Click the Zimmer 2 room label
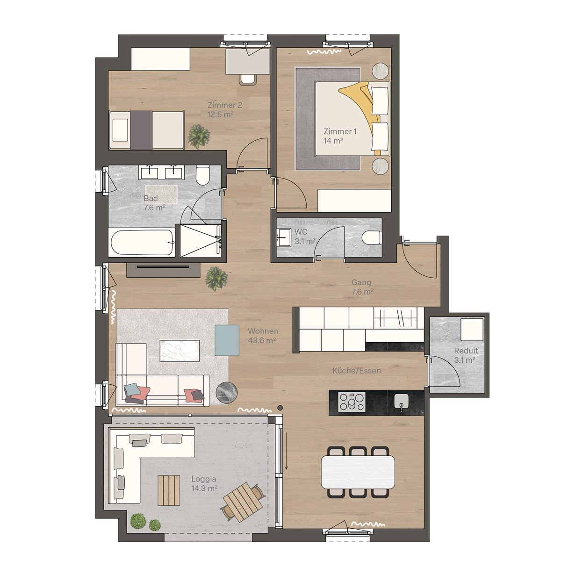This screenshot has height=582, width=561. coord(225,105)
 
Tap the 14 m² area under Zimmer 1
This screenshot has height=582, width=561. coord(333,141)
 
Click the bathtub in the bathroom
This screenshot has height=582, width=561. coord(142,242)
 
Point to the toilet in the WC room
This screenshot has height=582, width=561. coord(372,238)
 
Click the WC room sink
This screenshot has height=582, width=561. coord(283,237)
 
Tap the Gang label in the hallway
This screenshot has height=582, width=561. coord(361,282)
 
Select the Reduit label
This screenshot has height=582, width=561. coord(466,351)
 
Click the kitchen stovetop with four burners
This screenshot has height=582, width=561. coord(352,402)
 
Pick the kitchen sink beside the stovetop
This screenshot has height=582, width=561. coord(401,402)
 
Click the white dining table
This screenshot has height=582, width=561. coord(358,472)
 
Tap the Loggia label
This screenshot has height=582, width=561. coord(204,479)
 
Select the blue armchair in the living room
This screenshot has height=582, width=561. coord(227,340)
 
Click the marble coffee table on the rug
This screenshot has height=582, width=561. coord(180,351)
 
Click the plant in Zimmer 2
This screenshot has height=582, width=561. coord(199,136)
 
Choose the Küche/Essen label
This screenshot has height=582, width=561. coord(357,371)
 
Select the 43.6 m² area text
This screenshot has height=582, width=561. coord(262,341)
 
